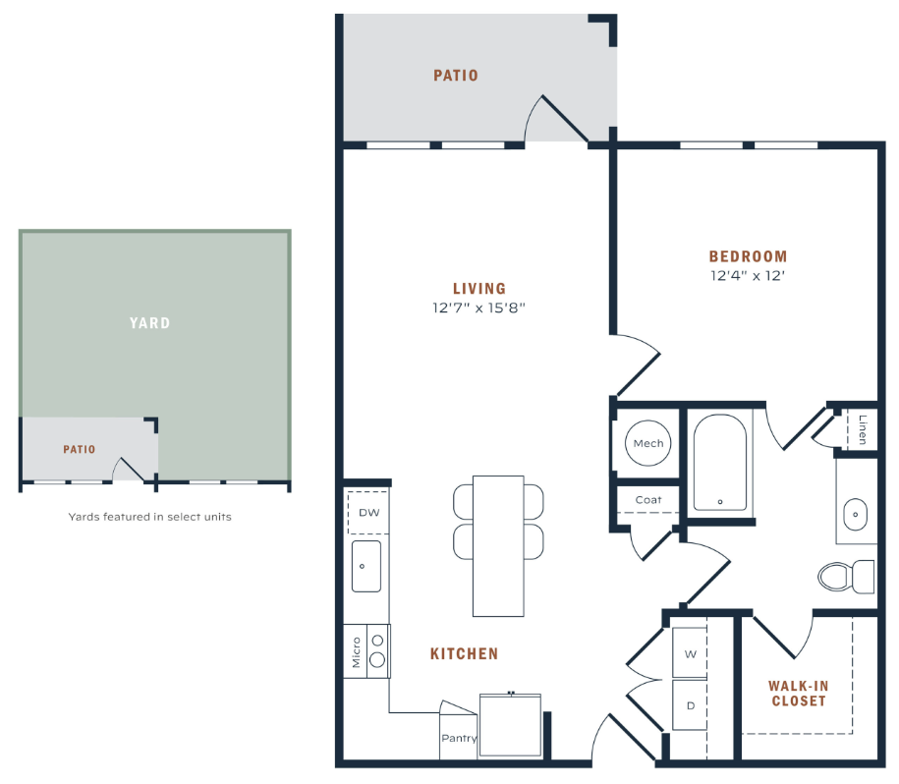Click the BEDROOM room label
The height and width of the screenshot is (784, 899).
coord(749,256)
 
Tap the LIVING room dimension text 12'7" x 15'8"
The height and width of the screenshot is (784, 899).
coord(478,308)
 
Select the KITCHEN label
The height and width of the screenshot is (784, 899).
coord(465,653)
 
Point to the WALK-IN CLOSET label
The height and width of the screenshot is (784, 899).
coord(799,693)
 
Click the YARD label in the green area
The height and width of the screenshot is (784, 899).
coord(149,322)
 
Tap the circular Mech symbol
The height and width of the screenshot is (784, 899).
coord(647,443)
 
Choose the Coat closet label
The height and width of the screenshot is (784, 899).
coord(648,500)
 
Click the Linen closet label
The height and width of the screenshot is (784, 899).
coord(863,429)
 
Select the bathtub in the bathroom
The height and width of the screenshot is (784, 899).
coord(720,462)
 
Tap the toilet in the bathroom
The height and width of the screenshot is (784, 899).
coord(846,577)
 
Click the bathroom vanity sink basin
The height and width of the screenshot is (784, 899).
coord(856,514)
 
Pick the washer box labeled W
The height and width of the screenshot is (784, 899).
coord(690,653)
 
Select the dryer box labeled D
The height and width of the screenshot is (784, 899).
coord(690,705)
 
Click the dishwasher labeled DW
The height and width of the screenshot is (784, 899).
coord(368,513)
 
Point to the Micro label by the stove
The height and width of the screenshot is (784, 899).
coord(356,652)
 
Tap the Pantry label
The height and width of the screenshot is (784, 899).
coord(459,738)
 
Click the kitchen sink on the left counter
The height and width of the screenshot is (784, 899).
coord(366,566)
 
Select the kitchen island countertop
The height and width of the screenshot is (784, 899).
coord(498,546)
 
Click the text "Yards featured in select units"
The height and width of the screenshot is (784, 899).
coord(149,517)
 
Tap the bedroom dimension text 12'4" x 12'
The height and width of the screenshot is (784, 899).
coord(748,276)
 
